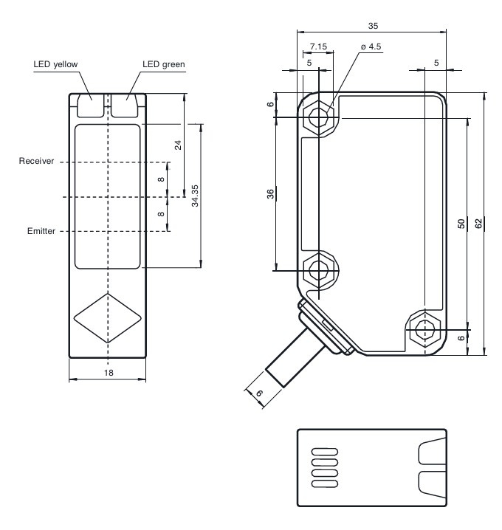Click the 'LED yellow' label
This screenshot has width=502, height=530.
tap(55, 64)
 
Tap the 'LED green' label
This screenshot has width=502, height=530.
tap(163, 64)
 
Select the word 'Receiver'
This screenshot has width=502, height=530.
tap(36, 161)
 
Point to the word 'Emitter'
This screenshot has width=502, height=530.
tap(41, 231)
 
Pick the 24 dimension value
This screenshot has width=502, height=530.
tap(178, 145)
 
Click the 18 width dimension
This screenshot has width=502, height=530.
tap(108, 374)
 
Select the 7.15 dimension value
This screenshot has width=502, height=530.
tap(318, 47)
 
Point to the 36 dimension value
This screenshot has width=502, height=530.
tap(270, 194)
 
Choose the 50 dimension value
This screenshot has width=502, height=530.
tap(461, 224)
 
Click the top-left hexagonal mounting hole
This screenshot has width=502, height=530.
tap(319, 117)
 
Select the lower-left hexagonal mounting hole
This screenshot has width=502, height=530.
tap(319, 269)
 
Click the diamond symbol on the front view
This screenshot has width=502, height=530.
tap(108, 318)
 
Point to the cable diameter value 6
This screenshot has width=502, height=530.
tap(259, 393)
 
